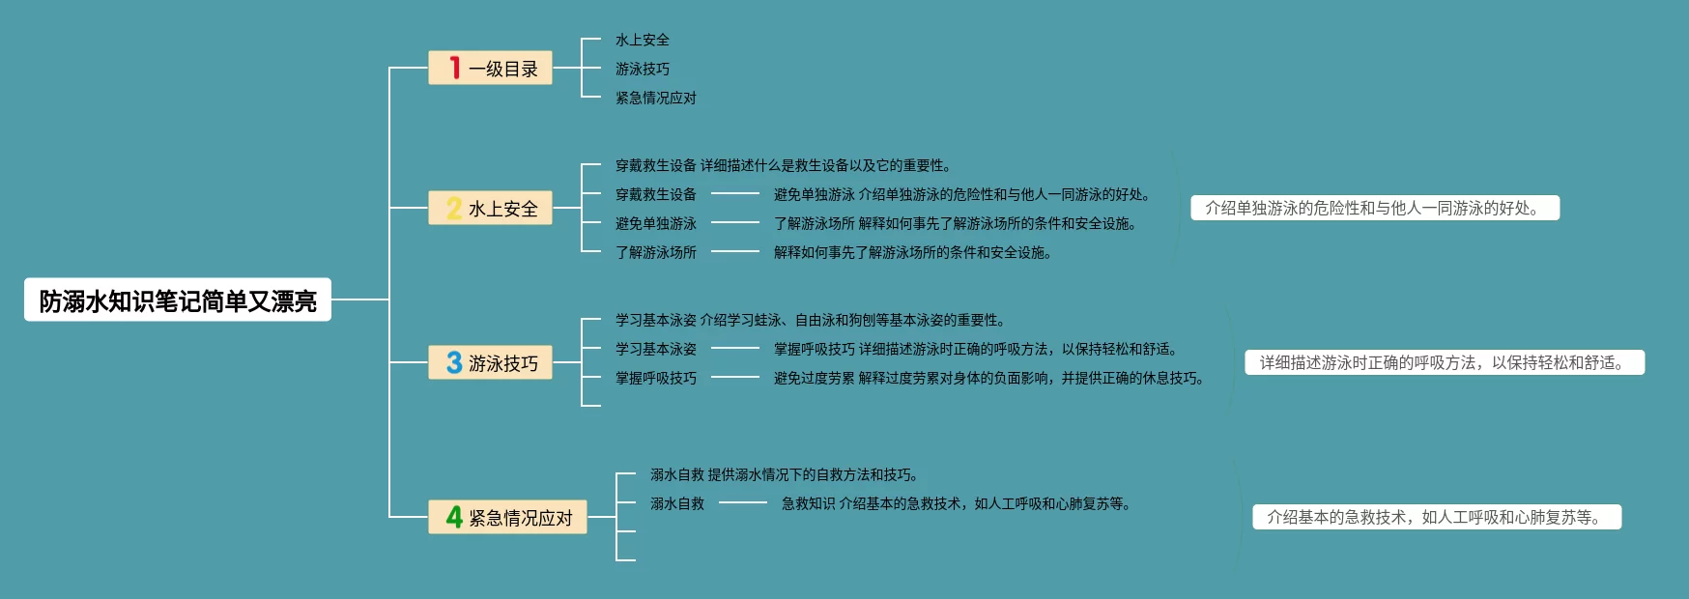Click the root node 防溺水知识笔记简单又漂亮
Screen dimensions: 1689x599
coord(178,300)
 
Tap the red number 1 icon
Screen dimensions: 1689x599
coord(454,68)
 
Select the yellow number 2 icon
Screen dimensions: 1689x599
coord(453,208)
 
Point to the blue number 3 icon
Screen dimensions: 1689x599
coord(453,362)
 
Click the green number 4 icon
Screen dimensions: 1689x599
coord(453,517)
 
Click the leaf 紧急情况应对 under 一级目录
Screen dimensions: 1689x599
coord(655,98)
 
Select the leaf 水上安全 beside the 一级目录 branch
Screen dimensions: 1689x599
coord(642,40)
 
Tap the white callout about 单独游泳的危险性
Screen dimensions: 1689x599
coord(1374,208)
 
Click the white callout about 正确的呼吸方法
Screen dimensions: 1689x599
coord(1444,362)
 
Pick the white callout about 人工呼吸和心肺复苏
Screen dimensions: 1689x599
coord(1436,517)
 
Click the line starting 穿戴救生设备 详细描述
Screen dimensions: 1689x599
coord(784,165)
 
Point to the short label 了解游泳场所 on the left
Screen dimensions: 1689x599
coord(655,252)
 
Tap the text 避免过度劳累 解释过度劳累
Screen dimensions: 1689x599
coord(990,378)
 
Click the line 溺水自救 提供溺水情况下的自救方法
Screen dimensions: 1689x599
coord(785,474)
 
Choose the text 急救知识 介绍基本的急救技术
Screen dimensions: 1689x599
coord(957,503)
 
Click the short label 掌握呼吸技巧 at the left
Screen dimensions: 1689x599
coord(655,378)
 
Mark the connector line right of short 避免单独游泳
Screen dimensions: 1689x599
coord(735,223)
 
